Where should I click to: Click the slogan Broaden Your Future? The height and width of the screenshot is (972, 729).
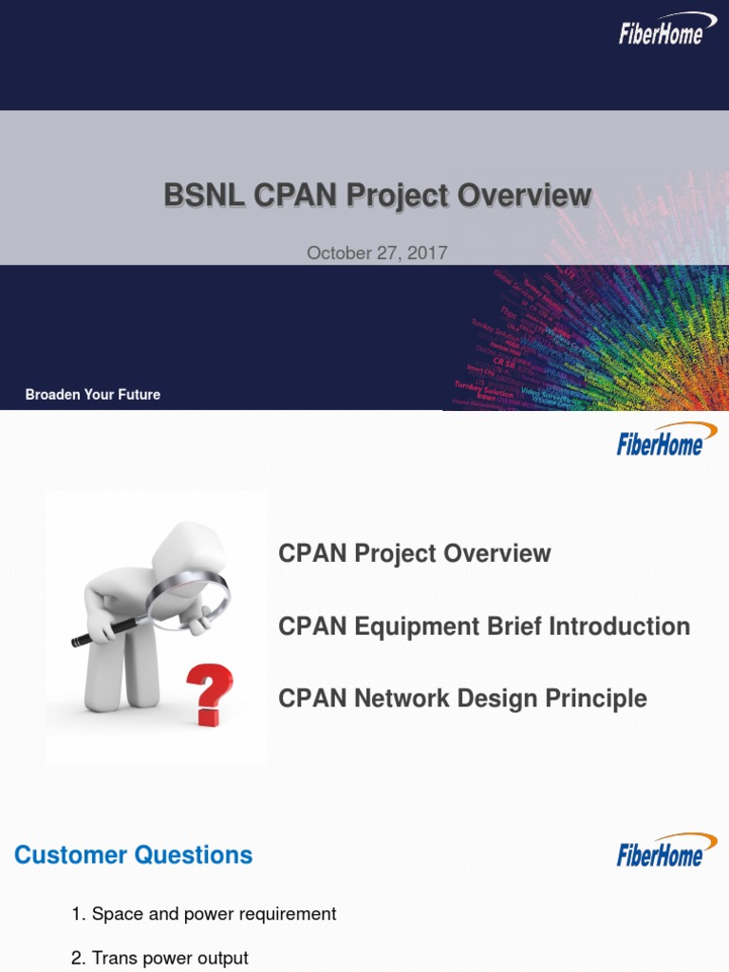tap(93, 394)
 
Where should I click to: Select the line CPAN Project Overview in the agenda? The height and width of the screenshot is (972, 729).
tap(414, 553)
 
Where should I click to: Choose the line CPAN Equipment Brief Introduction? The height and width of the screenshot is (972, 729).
tap(484, 626)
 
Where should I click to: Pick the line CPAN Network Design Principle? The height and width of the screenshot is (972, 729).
tap(462, 699)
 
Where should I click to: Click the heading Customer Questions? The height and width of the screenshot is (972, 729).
tap(134, 855)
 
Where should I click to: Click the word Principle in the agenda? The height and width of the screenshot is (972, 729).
tap(596, 699)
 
